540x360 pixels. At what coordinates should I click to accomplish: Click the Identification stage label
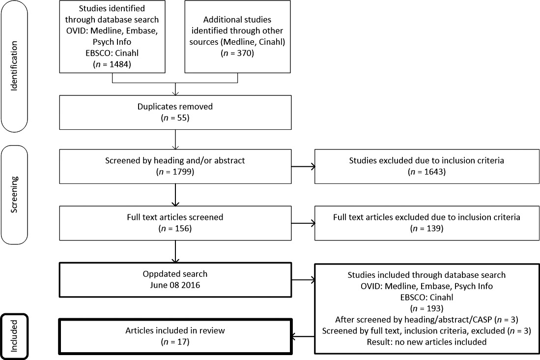point(14,66)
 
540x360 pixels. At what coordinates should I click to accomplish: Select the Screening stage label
point(14,194)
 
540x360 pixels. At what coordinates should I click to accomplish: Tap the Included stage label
point(14,336)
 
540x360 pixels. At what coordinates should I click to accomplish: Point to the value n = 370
point(237,53)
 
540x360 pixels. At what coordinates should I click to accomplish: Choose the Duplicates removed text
point(175,107)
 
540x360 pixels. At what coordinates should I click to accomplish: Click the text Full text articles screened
point(175,217)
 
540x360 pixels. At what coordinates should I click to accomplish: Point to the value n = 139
point(426,228)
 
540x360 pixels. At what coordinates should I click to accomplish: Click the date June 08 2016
point(175,285)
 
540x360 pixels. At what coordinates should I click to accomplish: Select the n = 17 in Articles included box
point(175,342)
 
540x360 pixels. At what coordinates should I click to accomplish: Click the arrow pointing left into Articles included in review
point(303,336)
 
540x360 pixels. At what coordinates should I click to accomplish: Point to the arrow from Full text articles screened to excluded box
point(303,223)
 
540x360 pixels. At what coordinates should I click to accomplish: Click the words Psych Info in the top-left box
point(112,42)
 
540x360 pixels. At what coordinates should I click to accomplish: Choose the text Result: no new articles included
point(426,342)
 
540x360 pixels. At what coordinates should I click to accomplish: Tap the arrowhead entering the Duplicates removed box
point(175,93)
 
